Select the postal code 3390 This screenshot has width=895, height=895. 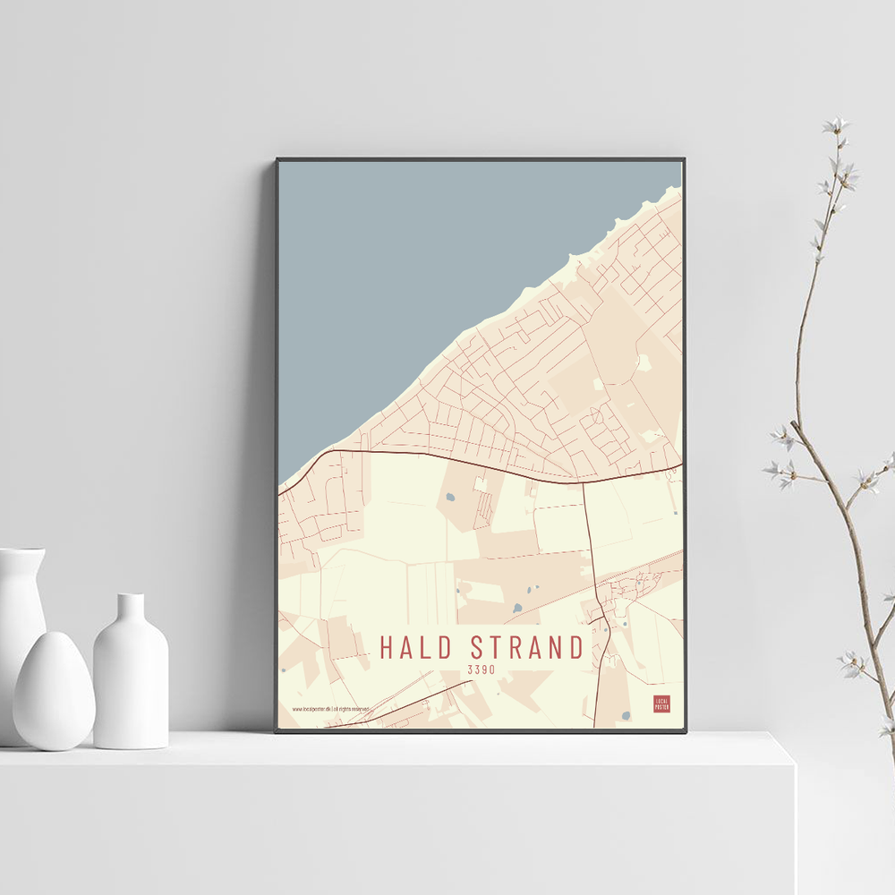(481, 669)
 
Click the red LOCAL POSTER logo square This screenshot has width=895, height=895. (661, 703)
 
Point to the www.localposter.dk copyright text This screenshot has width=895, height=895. (330, 709)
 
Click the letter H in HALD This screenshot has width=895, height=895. (387, 647)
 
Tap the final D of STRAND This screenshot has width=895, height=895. (575, 647)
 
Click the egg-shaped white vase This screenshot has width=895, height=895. (53, 690)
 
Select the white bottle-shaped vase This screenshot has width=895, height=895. (131, 676)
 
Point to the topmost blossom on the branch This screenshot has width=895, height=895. (835, 125)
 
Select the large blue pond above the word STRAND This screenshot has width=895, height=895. (517, 608)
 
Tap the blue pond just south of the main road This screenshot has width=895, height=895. (449, 497)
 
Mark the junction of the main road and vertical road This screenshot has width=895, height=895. (584, 482)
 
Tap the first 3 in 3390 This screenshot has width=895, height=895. (470, 669)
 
